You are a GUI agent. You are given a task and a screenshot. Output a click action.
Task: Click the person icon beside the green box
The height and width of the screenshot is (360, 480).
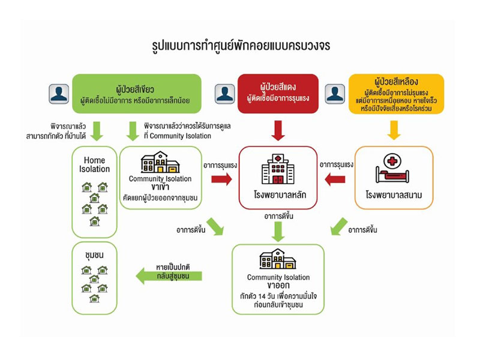(x=59, y=94)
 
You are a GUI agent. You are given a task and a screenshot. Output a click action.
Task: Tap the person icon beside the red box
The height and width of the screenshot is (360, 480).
(x=224, y=94)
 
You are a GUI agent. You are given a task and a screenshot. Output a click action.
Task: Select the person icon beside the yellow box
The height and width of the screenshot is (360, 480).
(x=334, y=94)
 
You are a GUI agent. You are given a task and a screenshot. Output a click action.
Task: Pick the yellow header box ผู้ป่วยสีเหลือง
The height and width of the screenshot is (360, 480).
(x=395, y=93)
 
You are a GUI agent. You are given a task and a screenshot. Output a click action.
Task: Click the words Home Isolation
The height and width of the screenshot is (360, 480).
(x=95, y=164)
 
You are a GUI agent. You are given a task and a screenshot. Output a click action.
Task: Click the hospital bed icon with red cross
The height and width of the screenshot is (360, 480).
(x=391, y=169)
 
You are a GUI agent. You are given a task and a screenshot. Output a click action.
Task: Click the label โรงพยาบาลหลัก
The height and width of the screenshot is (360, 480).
(x=277, y=195)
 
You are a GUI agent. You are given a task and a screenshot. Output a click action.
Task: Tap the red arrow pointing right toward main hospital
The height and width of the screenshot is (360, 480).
(x=221, y=179)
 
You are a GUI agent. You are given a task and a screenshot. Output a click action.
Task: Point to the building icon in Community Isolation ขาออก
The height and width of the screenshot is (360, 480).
(x=278, y=259)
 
